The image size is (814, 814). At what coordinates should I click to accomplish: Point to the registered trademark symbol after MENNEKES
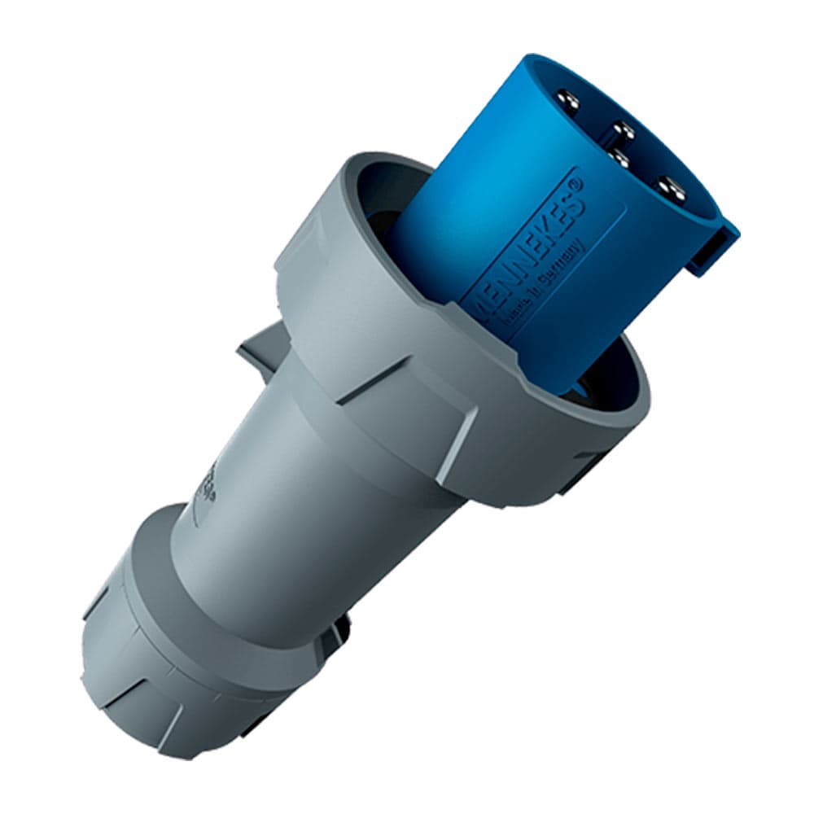click(576, 186)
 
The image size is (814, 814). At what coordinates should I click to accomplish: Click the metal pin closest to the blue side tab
click(672, 189)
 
